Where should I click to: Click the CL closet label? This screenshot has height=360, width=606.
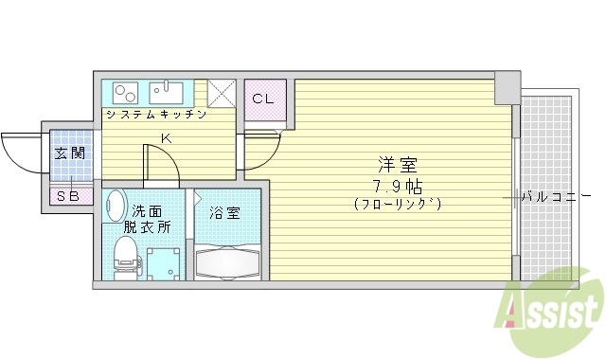262,99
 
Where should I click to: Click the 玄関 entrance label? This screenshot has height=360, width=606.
69,153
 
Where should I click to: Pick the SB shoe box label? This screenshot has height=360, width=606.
67,196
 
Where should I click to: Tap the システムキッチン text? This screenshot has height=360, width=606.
155,115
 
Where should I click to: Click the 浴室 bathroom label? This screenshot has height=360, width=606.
225,213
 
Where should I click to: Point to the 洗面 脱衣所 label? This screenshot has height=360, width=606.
147,219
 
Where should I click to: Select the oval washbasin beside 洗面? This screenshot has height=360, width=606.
116,206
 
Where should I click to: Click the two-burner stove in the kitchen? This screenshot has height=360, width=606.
126,93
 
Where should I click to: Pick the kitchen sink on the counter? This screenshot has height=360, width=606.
169,92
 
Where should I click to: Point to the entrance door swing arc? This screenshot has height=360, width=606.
19,152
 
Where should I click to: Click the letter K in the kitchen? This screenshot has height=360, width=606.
166,139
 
